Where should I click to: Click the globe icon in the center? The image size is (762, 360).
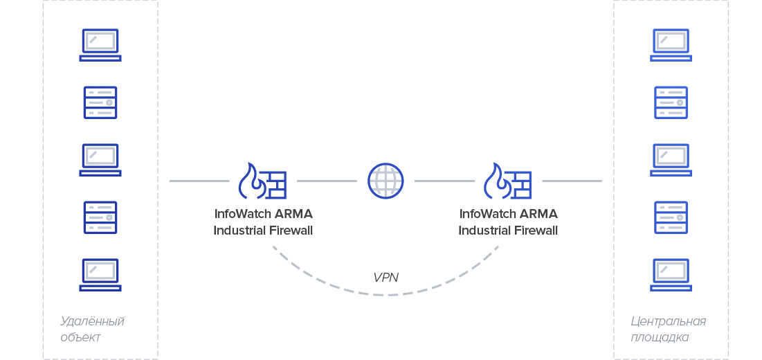click(x=385, y=181)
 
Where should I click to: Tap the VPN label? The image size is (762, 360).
click(x=385, y=278)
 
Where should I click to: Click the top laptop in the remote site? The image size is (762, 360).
click(x=100, y=45)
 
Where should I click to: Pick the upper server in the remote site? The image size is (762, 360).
click(x=100, y=102)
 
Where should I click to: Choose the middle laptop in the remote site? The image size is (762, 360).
click(x=100, y=160)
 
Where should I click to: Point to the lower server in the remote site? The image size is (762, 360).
click(x=100, y=217)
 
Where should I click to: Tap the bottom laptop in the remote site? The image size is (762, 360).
click(x=100, y=275)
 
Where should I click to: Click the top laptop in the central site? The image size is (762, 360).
click(x=671, y=45)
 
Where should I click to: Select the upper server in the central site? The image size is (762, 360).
click(x=671, y=102)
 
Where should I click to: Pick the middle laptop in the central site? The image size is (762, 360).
click(x=671, y=160)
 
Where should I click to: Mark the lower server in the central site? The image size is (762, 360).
click(x=671, y=217)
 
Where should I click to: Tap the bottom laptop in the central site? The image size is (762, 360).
click(x=671, y=275)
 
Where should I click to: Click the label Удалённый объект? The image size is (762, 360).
click(x=91, y=329)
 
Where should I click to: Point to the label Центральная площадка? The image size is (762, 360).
click(x=668, y=329)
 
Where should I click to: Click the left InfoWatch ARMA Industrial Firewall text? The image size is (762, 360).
click(x=263, y=222)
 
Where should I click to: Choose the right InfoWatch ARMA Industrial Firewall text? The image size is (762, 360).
click(x=508, y=222)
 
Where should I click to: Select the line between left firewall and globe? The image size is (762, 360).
click(x=327, y=181)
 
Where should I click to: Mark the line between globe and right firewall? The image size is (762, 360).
click(x=444, y=181)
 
